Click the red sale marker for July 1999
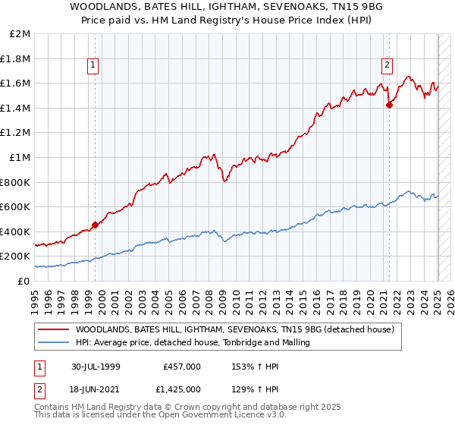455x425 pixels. (x=96, y=225)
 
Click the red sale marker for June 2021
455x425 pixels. (x=389, y=105)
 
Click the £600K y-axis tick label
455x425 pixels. (x=16, y=206)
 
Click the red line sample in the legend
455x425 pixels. (x=54, y=330)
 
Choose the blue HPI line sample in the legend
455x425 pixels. (x=54, y=343)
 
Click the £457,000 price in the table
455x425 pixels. (x=182, y=366)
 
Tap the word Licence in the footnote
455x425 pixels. (x=219, y=417)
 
